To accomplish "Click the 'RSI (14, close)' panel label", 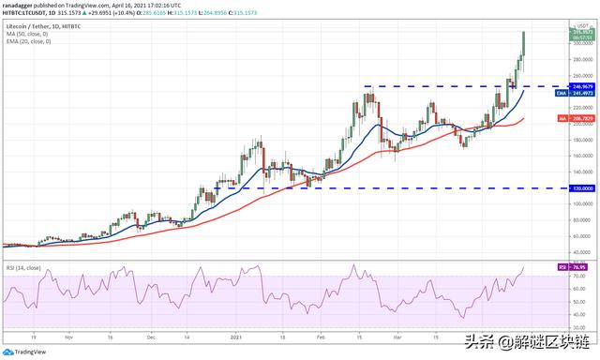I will (23, 268).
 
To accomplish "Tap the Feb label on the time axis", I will (322, 335).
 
